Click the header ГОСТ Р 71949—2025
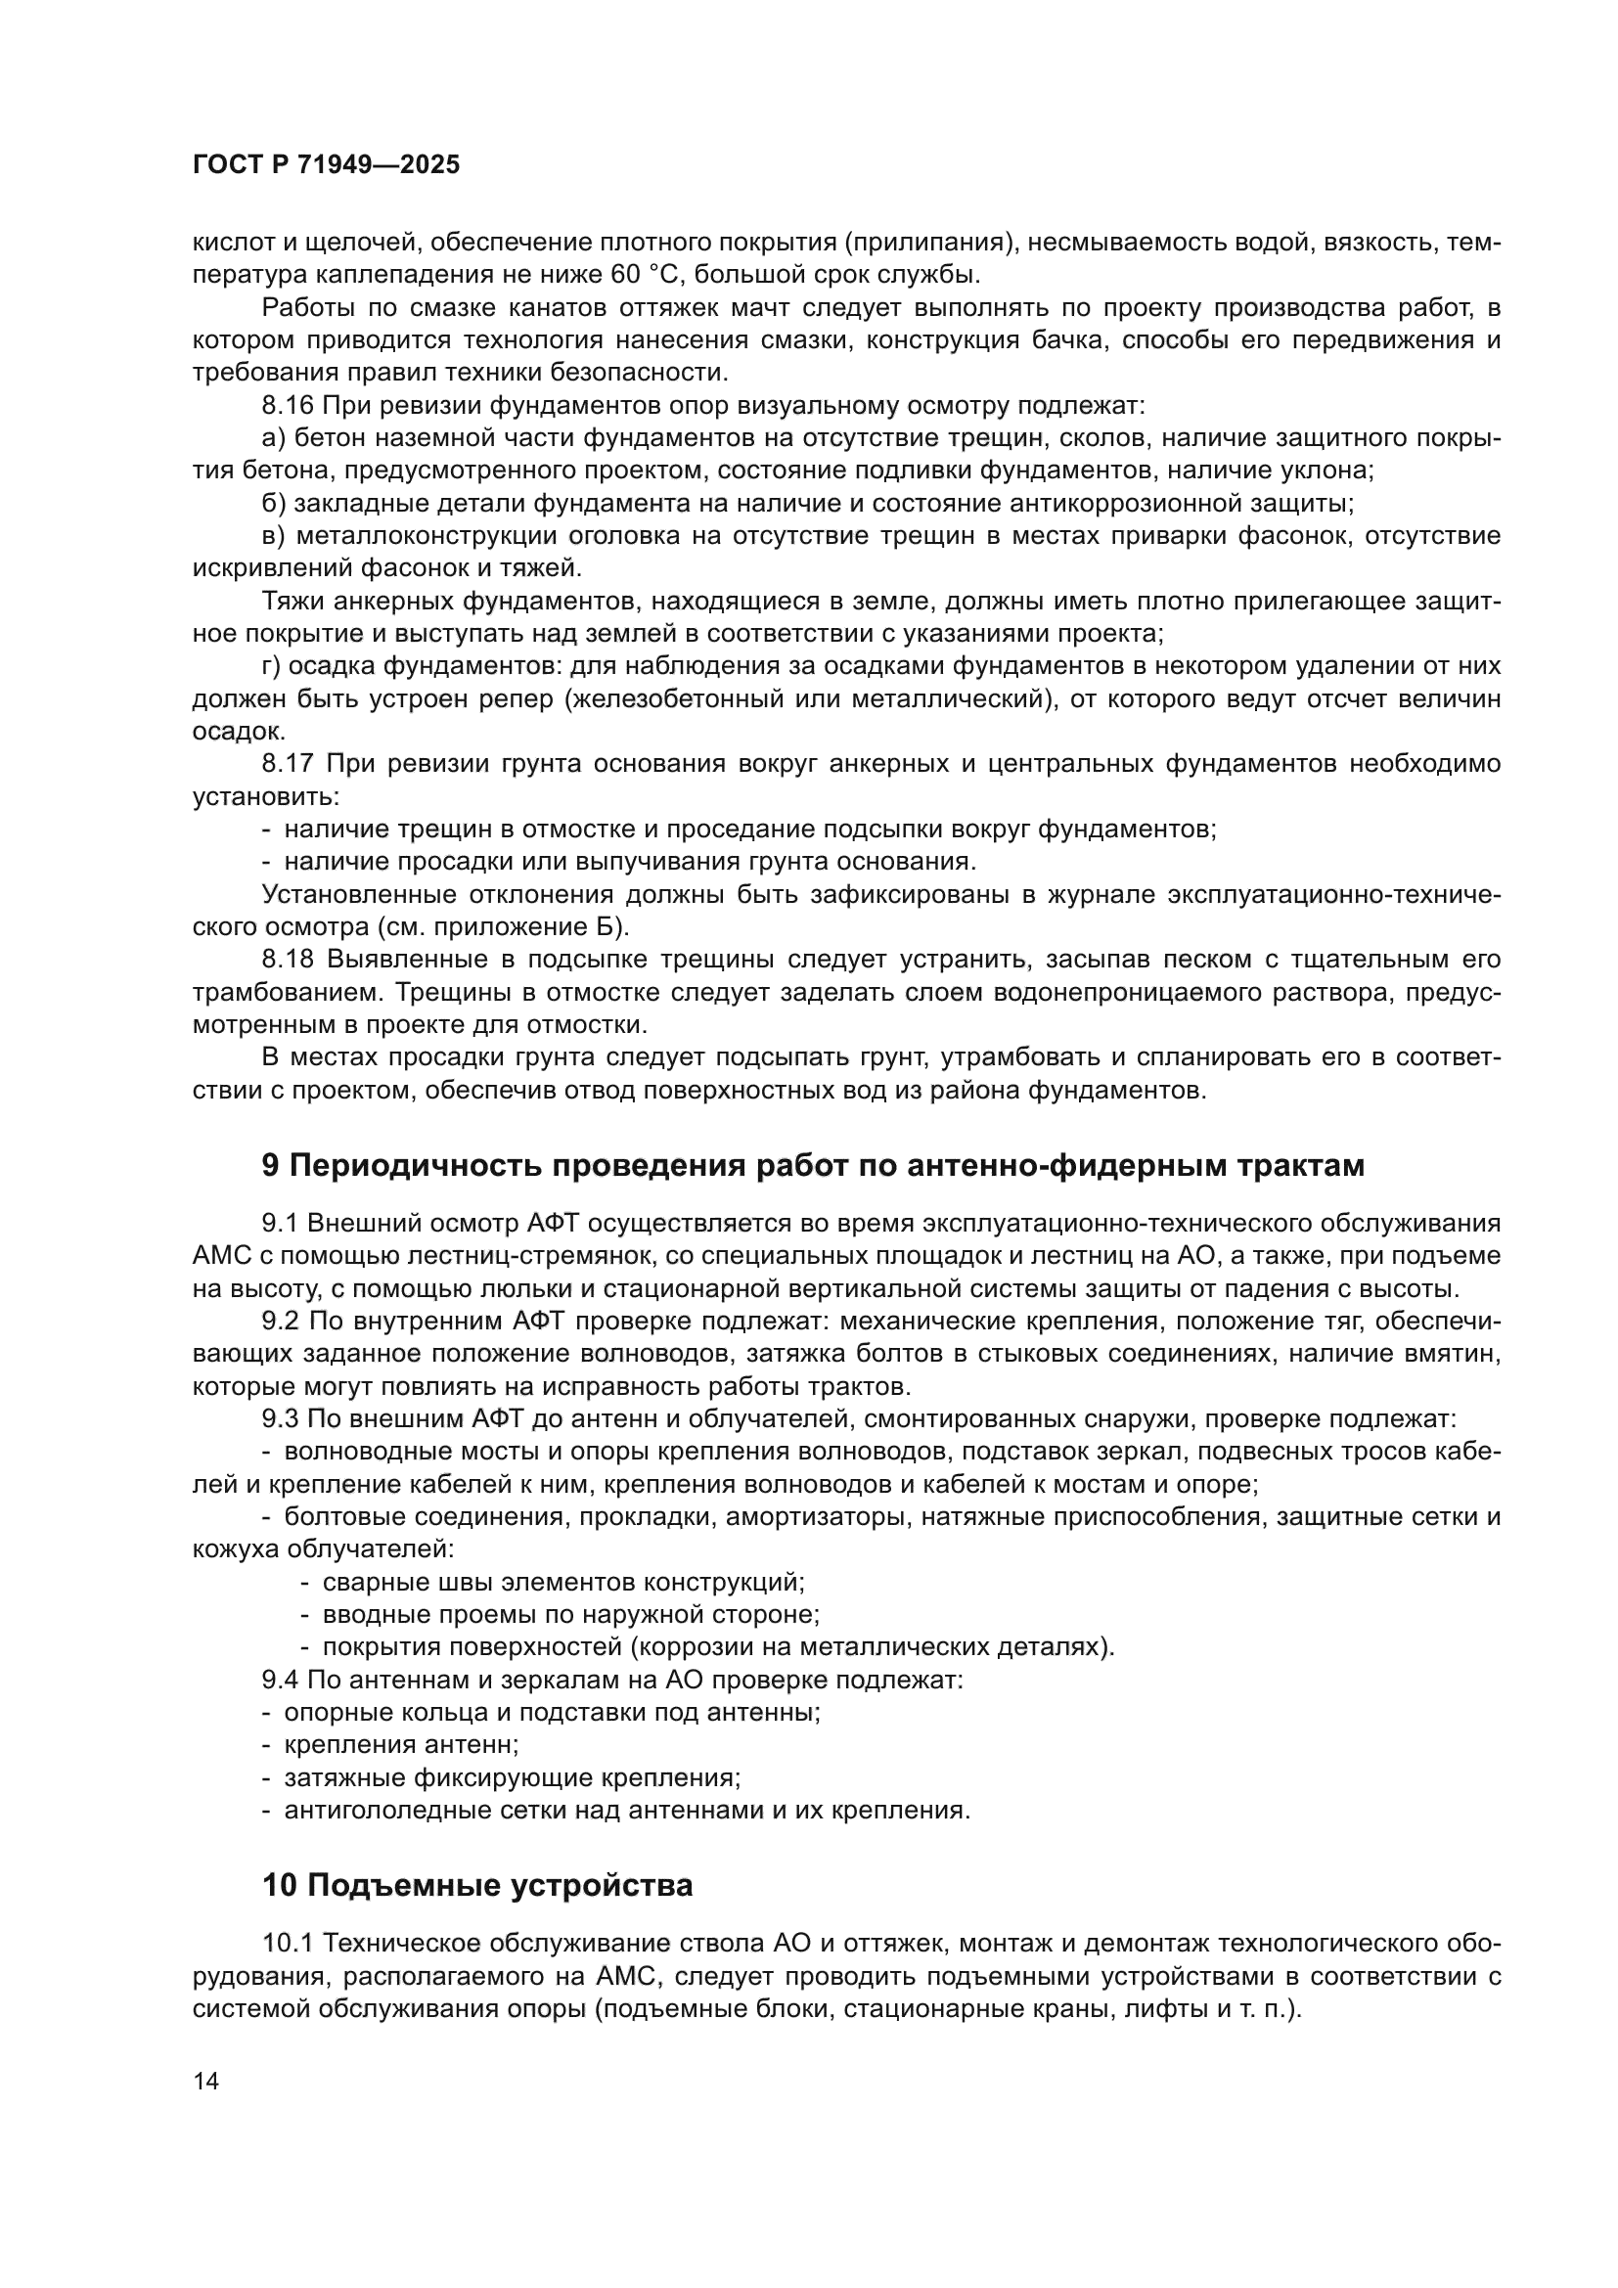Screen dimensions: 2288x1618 326,165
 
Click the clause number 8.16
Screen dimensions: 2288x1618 287,406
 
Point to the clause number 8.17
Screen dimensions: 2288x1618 288,764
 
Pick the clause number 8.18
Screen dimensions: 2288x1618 288,961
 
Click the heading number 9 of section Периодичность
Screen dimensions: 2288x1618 271,1165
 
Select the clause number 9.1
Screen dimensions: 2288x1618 280,1224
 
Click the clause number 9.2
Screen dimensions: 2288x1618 280,1322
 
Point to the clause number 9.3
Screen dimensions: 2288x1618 280,1419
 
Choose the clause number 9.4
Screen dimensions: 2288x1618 280,1681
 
